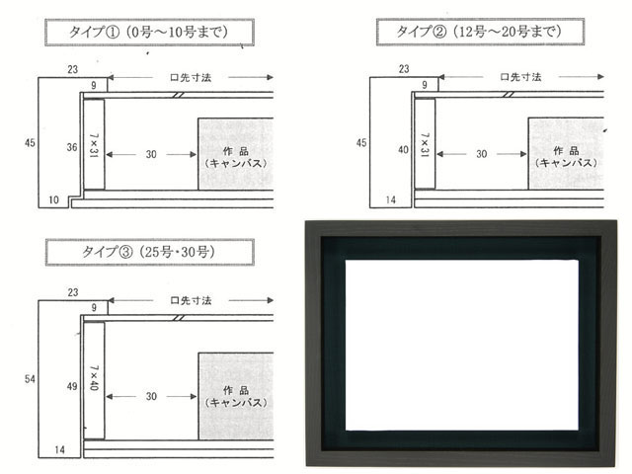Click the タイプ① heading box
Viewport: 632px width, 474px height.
(149, 33)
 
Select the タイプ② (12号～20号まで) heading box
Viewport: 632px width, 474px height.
(480, 32)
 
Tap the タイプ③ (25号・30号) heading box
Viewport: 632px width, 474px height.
(149, 253)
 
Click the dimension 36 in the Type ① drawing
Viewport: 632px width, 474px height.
(72, 147)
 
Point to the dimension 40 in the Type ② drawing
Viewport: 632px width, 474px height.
(403, 149)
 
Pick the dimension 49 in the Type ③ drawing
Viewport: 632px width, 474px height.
(72, 386)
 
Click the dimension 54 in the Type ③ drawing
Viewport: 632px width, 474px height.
(30, 379)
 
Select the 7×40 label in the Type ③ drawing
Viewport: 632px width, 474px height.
(94, 377)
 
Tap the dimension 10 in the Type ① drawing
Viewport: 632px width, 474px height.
(53, 199)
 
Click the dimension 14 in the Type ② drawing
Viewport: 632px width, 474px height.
(391, 199)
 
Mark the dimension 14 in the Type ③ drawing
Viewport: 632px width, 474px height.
(59, 450)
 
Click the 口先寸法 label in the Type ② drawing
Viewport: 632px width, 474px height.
(520, 77)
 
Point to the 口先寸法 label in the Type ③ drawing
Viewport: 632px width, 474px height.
(191, 300)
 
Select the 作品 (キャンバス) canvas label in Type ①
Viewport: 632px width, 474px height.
(236, 157)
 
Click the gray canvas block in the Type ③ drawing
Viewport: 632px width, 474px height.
(236, 396)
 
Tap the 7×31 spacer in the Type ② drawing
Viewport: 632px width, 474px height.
(425, 143)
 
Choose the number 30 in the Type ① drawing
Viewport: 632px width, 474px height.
(151, 154)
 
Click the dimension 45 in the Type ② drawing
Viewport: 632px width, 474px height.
(361, 142)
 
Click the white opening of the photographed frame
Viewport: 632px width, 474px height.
(462, 346)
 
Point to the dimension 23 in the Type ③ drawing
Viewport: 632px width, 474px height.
(73, 292)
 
